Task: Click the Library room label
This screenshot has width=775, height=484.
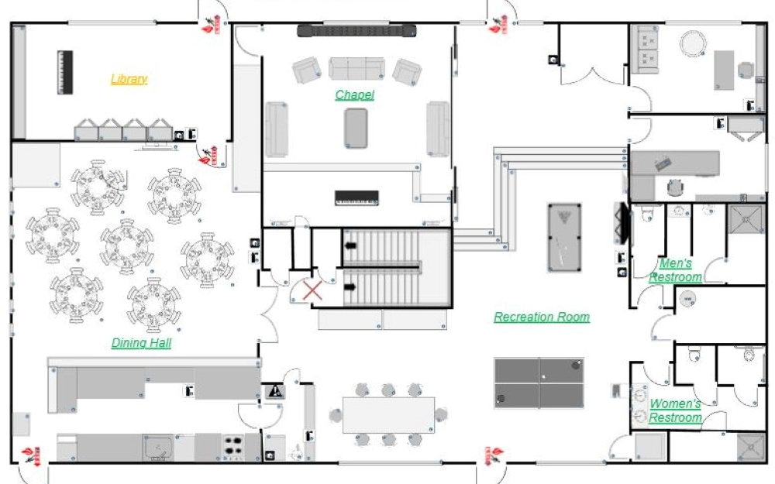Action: point(129,79)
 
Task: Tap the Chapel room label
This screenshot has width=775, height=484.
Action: point(354,94)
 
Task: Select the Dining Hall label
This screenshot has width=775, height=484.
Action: point(141,343)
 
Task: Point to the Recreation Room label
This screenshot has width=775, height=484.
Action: point(542,317)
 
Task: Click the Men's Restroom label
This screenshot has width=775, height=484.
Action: point(675,270)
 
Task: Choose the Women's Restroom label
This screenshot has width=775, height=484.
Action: point(675,410)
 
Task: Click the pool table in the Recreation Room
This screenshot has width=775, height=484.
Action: point(564,238)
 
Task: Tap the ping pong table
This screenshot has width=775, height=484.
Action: point(539,383)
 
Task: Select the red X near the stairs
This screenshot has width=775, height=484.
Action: point(312,290)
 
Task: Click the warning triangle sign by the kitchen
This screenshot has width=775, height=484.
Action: point(275,392)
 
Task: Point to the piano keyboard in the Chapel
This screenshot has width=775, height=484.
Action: point(356,197)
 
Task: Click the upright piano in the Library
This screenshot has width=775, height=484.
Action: point(65,72)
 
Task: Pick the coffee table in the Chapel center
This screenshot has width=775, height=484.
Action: point(356,129)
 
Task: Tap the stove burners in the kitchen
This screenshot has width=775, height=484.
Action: point(233,446)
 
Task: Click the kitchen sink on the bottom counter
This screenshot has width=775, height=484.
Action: point(158,447)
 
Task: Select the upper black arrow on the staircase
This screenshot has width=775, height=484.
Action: point(350,245)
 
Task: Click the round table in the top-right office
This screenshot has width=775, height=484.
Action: point(693,43)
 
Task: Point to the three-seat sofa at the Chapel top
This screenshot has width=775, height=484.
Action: point(356,68)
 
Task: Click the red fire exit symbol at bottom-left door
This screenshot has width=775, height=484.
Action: point(32,456)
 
